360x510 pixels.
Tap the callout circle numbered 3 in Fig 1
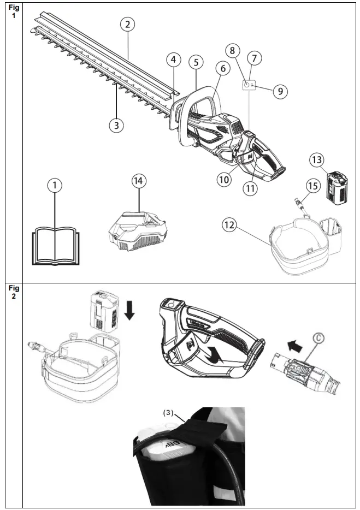115,125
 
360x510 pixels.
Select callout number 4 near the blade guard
173,60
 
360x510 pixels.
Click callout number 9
280,91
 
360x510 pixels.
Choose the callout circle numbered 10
224,179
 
